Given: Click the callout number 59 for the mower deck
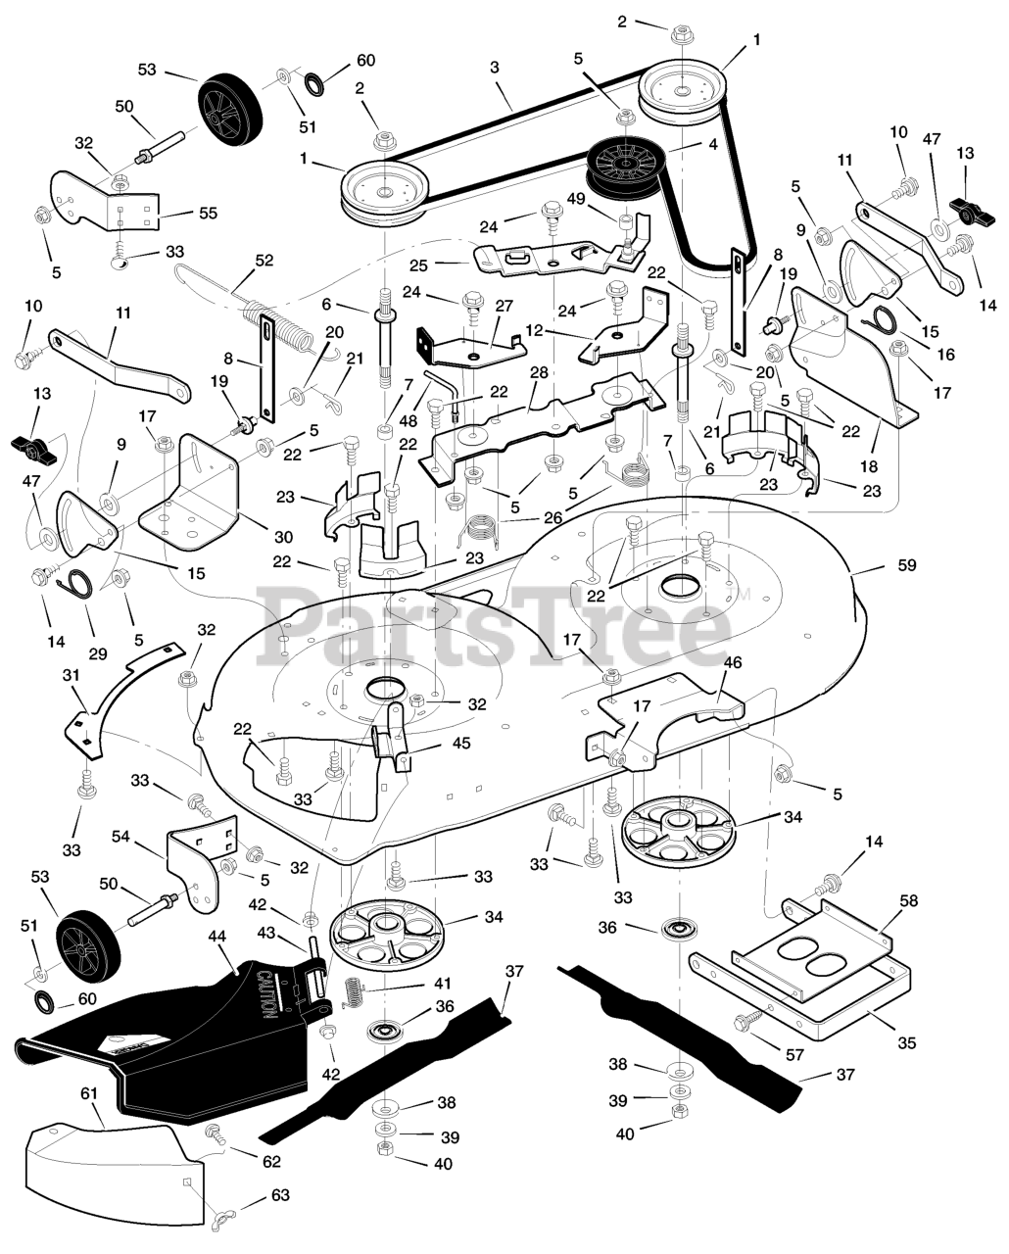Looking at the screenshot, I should pos(906,565).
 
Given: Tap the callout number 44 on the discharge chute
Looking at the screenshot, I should pos(216,937).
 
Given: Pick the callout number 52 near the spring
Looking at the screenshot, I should pos(264,261).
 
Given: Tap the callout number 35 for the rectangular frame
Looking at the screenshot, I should pos(906,1043).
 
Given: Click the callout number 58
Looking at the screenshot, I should pos(909,900).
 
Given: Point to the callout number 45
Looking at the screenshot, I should pos(460,744).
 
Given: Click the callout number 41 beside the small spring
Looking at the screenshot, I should pos(444,983).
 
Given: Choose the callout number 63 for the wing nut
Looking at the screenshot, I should pos(281,1196).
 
